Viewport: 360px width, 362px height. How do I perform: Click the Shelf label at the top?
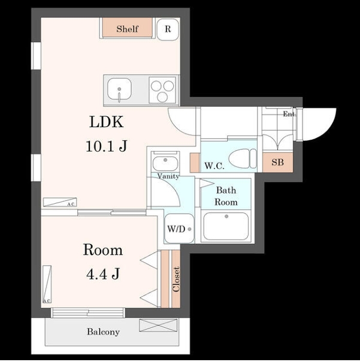(x=127, y=29)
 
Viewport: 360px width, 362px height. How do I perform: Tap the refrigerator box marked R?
(x=168, y=29)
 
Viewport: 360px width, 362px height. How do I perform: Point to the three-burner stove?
(x=162, y=90)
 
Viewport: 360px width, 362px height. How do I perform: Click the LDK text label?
(x=107, y=122)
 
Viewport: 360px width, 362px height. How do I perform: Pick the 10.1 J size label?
(x=107, y=146)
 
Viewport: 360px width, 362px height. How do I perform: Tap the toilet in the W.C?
(x=243, y=158)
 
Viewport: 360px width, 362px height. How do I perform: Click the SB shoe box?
(x=278, y=162)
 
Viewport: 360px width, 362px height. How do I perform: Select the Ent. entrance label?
(x=289, y=114)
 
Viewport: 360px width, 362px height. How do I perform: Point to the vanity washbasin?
(x=165, y=163)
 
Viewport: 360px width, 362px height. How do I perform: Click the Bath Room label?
(x=226, y=196)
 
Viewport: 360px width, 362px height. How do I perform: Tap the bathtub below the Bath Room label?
(x=226, y=227)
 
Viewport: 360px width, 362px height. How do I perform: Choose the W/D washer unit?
(x=179, y=228)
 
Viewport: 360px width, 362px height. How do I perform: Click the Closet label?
(x=176, y=279)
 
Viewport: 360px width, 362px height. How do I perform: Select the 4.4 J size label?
(x=103, y=274)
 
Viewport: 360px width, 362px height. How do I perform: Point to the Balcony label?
(x=103, y=332)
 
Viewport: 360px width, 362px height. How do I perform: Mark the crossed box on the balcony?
(x=158, y=325)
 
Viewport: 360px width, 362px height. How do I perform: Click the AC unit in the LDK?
(x=60, y=202)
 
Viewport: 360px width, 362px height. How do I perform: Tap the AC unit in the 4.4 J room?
(x=47, y=284)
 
